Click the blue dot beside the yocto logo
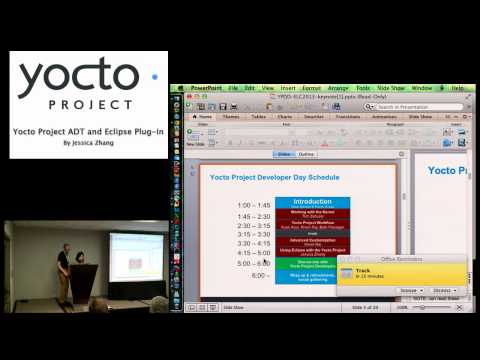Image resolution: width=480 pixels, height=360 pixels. coord(154,75)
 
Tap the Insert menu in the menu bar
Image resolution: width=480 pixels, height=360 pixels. coord(289,88)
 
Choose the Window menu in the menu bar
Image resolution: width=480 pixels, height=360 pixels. coord(422,88)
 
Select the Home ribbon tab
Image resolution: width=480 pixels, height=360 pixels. coord(205,116)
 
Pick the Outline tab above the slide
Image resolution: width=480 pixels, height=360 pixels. coord(307,154)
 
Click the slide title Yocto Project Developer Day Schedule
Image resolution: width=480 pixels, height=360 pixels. coord(274,177)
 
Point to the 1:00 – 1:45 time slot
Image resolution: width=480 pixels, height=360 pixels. coord(254,205)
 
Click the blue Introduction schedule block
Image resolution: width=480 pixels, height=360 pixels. coord(312,203)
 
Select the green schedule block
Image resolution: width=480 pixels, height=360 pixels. coord(312,264)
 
